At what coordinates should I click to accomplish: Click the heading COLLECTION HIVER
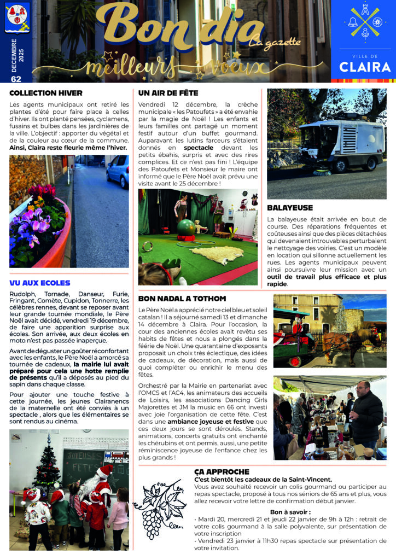45,93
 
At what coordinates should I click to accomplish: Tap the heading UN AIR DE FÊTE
168,93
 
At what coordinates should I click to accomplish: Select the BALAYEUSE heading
290,208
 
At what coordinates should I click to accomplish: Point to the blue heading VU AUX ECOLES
40,283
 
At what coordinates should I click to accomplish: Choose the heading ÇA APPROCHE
222,471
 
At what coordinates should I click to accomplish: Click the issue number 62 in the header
16,79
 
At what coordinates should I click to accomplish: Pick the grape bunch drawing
164,503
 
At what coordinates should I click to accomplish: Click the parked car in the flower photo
118,171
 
